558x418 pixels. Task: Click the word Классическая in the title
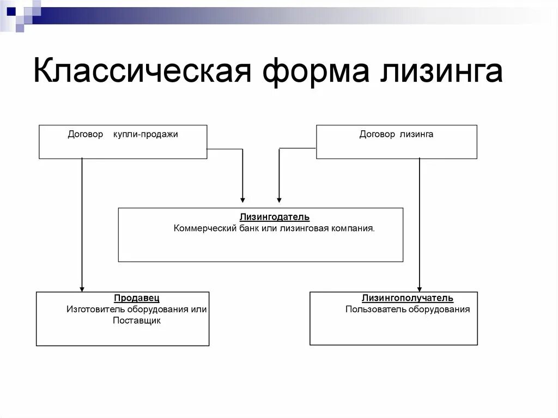pyautogui.click(x=142, y=72)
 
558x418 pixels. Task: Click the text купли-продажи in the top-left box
pyautogui.click(x=146, y=134)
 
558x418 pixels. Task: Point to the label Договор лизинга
pyautogui.click(x=396, y=134)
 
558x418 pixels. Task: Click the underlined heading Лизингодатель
pyautogui.click(x=274, y=217)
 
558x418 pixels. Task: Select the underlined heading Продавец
pyautogui.click(x=137, y=299)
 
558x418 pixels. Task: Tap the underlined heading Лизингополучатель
pyautogui.click(x=408, y=299)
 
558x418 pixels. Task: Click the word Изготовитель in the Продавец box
pyautogui.click(x=96, y=310)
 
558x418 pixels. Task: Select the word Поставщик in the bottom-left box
pyautogui.click(x=137, y=320)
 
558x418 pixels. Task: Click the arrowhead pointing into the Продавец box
pyautogui.click(x=82, y=288)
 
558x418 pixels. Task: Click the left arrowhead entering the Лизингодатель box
pyautogui.click(x=243, y=199)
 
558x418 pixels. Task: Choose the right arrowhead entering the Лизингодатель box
pyautogui.click(x=279, y=199)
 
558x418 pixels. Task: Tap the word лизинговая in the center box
pyautogui.click(x=303, y=228)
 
